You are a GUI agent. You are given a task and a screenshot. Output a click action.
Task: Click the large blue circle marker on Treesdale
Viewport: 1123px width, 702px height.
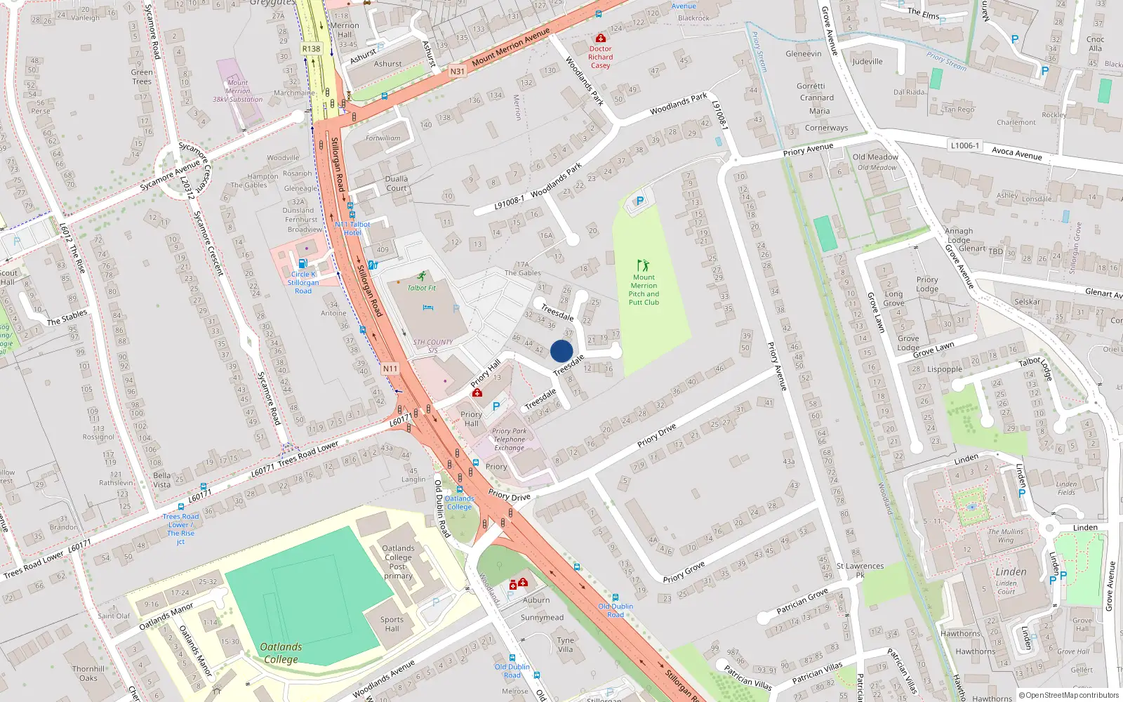(561, 351)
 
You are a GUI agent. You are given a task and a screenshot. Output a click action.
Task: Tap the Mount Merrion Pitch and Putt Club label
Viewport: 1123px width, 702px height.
(644, 289)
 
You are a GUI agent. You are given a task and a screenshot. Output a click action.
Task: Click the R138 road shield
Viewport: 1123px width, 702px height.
(311, 48)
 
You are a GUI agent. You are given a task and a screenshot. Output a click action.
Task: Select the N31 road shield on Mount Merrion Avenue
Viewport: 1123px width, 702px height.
(457, 71)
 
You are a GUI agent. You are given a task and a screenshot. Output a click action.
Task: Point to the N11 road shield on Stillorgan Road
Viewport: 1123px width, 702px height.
(390, 369)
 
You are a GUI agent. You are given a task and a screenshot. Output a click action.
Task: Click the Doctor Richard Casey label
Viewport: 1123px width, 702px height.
(600, 57)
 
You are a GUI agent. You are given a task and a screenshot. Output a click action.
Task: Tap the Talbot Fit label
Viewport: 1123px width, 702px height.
(421, 288)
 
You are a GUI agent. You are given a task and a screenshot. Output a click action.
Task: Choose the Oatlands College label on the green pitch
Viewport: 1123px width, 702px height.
(281, 653)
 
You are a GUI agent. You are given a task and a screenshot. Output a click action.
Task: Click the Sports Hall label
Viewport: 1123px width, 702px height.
(392, 624)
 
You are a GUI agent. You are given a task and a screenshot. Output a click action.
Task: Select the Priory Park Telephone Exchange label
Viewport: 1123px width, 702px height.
(509, 439)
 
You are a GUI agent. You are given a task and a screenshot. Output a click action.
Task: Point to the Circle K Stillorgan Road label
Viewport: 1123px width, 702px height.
(303, 282)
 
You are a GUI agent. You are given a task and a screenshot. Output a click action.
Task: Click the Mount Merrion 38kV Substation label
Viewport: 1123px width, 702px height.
(237, 91)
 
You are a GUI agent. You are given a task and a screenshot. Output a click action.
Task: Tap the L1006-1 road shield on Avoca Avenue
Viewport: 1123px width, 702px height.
(964, 145)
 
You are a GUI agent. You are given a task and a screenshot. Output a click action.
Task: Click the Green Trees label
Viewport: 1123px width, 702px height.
(142, 77)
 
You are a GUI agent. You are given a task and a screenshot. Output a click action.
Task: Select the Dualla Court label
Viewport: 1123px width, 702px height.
(396, 183)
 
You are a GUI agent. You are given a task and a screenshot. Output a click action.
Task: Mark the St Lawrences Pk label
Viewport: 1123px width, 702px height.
(860, 570)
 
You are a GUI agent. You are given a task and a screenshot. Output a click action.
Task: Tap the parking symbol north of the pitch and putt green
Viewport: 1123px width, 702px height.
(639, 201)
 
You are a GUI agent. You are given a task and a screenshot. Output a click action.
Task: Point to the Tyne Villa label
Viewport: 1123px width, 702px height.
(565, 644)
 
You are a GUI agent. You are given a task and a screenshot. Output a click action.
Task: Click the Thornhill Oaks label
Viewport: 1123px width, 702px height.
(88, 673)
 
